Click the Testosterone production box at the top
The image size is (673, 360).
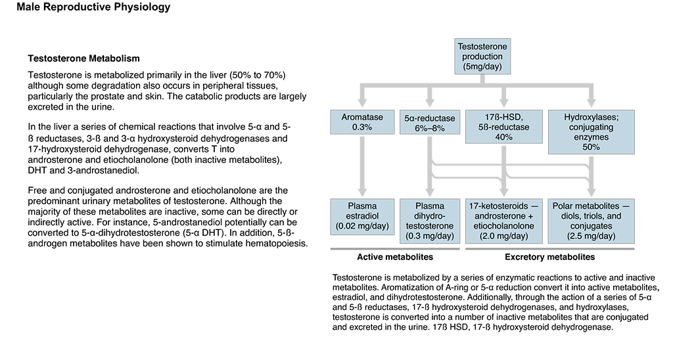point(482,56)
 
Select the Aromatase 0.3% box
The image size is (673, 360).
point(362,122)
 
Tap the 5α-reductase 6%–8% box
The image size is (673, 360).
point(430,123)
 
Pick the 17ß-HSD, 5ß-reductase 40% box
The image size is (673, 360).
point(504,127)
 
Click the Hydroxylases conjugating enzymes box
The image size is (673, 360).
point(591,132)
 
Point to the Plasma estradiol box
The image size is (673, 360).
point(362,216)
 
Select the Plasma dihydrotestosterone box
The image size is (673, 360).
point(430,221)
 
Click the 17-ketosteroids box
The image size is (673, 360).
point(504,221)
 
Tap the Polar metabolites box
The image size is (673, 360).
point(591,221)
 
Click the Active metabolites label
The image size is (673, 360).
point(395,257)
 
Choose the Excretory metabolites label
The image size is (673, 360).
point(550,257)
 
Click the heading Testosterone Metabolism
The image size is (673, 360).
point(83,58)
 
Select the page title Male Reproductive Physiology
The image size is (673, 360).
point(93,7)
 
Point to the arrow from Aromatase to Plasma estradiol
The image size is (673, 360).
point(362,166)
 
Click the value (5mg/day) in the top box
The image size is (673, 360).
point(482,66)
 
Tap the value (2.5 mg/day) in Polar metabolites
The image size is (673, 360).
point(591,236)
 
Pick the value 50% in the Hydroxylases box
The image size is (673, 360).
point(591,147)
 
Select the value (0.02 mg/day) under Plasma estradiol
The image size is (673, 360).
point(362,226)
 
